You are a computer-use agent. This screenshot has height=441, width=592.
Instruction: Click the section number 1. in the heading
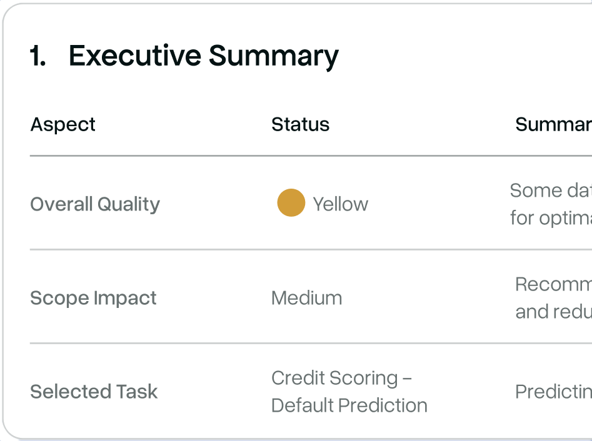pyautogui.click(x=38, y=56)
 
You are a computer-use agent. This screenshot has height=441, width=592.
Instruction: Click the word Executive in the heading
pyautogui.click(x=135, y=56)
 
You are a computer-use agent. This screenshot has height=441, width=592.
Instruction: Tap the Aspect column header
pyautogui.click(x=63, y=124)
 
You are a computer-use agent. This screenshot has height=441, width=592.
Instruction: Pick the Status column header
pyautogui.click(x=300, y=124)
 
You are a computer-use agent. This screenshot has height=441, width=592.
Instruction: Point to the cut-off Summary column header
pyautogui.click(x=553, y=124)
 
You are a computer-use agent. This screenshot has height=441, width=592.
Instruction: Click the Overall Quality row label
pyautogui.click(x=95, y=204)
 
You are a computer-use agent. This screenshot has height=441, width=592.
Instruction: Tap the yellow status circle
pyautogui.click(x=291, y=203)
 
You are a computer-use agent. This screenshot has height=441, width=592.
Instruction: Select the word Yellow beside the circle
pyautogui.click(x=340, y=204)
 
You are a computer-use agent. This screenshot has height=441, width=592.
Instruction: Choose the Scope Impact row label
pyautogui.click(x=93, y=298)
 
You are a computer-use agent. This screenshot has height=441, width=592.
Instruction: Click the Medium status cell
pyautogui.click(x=306, y=298)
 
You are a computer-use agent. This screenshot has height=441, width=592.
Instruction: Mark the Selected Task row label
pyautogui.click(x=94, y=392)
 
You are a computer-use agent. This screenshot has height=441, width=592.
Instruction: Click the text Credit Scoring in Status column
pyautogui.click(x=334, y=378)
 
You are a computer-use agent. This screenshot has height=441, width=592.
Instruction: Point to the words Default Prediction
pyautogui.click(x=349, y=405)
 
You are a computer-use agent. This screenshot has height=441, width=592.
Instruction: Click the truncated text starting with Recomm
pyautogui.click(x=553, y=285)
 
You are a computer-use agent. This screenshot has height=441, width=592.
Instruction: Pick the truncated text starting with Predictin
pyautogui.click(x=553, y=392)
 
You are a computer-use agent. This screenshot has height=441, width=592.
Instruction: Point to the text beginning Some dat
pyautogui.click(x=550, y=191)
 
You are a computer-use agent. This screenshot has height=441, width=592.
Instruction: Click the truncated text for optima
pyautogui.click(x=550, y=218)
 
